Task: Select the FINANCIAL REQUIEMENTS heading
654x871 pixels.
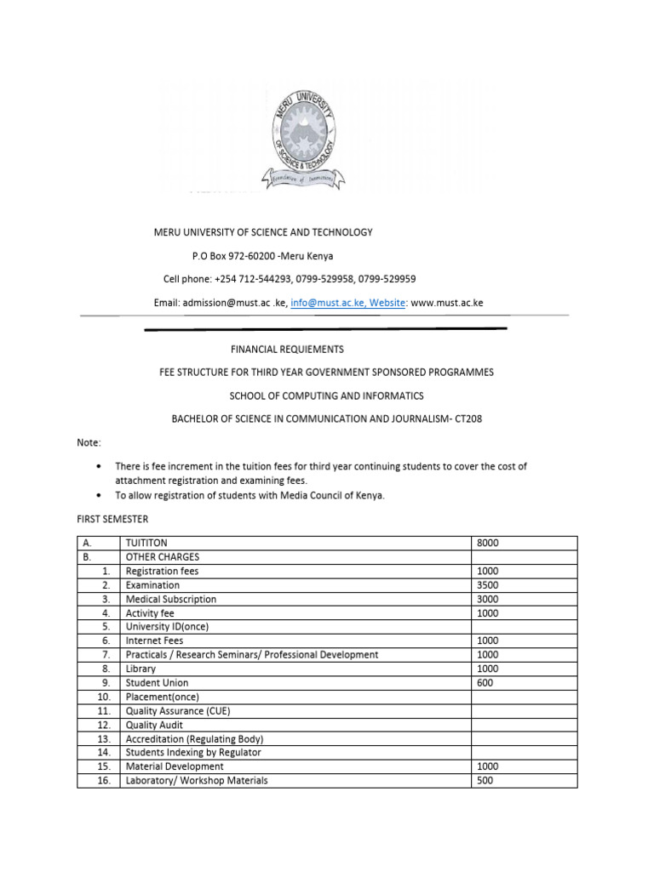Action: point(288,349)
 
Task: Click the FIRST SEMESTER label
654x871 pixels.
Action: point(112,518)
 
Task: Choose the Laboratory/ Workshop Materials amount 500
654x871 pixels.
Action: point(485,780)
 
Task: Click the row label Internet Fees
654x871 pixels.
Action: point(154,640)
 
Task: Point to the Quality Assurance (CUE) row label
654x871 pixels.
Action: point(177,710)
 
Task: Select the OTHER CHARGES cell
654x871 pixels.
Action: point(162,557)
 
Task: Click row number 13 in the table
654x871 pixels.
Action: point(104,738)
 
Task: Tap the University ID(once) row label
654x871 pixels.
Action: point(166,627)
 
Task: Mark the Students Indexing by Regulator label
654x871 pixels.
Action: point(193,752)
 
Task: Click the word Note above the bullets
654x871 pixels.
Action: point(88,443)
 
